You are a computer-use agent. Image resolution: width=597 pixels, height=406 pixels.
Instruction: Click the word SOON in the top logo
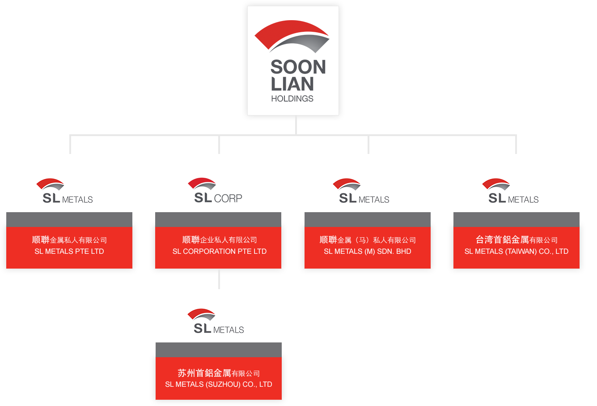(298, 68)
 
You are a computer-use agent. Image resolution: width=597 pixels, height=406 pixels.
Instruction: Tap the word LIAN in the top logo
(292, 84)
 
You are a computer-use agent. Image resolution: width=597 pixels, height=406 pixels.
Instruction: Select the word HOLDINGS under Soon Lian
(292, 98)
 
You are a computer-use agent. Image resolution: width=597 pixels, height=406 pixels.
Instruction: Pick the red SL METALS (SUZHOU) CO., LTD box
(219, 379)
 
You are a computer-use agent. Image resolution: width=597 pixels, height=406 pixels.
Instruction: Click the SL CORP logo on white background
(214, 191)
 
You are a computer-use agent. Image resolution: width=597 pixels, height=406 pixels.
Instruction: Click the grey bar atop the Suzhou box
(219, 350)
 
